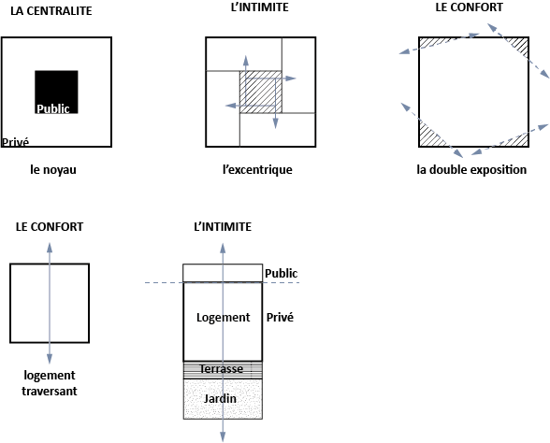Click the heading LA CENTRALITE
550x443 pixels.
click(51, 11)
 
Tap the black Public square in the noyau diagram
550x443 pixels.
click(56, 92)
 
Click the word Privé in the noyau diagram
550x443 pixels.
click(15, 142)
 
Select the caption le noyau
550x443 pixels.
click(53, 170)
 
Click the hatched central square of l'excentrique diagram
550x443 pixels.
click(261, 92)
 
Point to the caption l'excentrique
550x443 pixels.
click(257, 170)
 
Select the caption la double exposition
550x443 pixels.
click(471, 170)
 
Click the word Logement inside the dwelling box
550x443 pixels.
click(223, 318)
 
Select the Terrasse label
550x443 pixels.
click(222, 368)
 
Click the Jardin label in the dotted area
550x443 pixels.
click(220, 399)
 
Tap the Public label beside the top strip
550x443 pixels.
click(281, 273)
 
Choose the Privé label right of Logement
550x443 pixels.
click(280, 317)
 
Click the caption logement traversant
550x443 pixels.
click(50, 383)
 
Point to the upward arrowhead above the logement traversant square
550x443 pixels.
click(50, 247)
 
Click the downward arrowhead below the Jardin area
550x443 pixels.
click(223, 436)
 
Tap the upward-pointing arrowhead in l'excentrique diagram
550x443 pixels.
click(246, 60)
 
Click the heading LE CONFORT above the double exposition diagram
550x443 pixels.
click(469, 7)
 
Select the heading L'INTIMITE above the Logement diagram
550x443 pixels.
click(223, 227)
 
